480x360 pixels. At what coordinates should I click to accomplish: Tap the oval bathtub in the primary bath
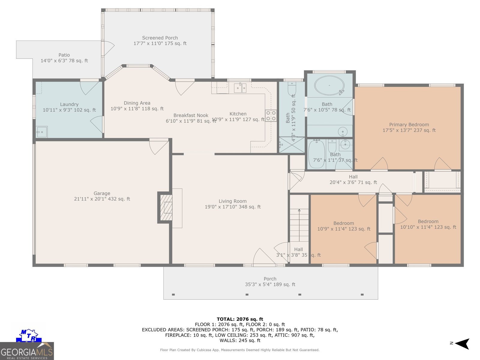coord(329,85)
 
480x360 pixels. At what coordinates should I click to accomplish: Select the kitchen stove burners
coord(270,115)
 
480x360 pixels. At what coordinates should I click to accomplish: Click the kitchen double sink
coord(240,88)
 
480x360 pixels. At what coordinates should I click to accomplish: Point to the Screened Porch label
coord(160,38)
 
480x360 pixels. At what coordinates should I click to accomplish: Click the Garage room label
coord(102,193)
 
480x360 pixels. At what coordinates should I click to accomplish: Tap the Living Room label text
coord(232,201)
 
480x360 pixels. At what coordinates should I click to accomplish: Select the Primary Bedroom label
coord(409,124)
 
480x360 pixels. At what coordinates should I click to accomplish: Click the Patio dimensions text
coord(64,61)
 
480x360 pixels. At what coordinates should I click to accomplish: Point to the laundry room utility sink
coord(41,132)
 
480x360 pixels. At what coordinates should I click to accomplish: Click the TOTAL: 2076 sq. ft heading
coord(240,319)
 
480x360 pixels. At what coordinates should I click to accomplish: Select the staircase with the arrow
coord(299,225)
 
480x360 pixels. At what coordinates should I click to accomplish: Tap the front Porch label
coord(270,279)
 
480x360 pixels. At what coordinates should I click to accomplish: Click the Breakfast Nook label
coord(191,115)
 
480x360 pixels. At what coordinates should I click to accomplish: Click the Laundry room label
coord(69,104)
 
